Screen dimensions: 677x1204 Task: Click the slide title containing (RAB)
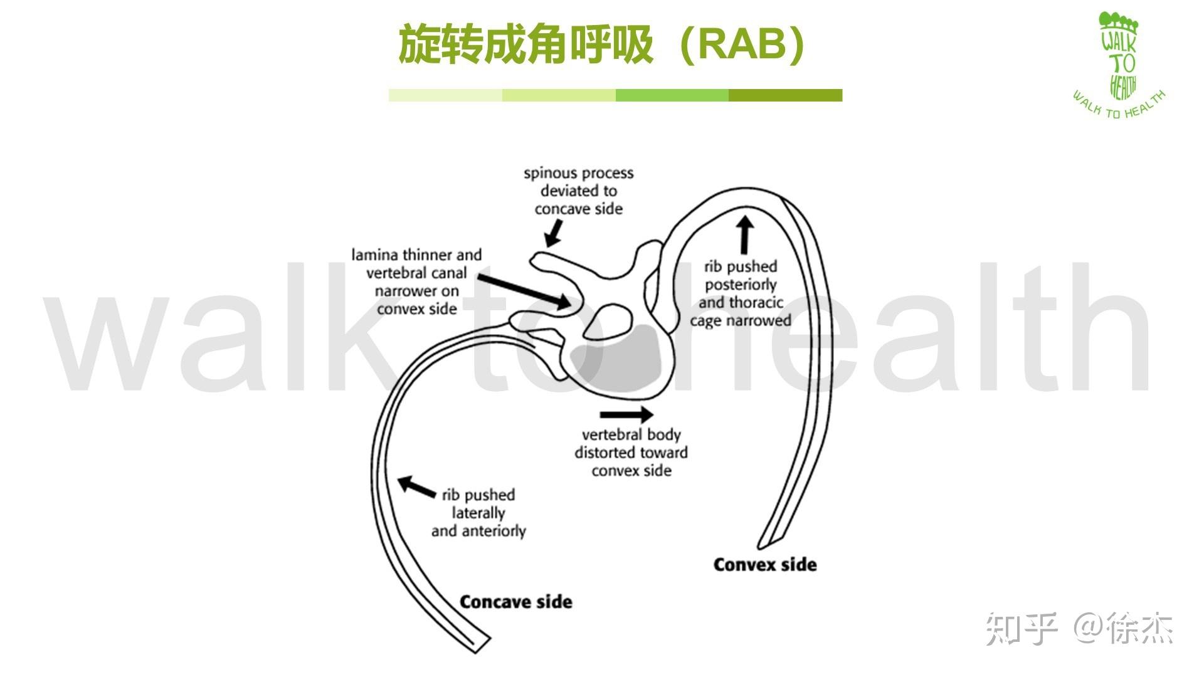(x=602, y=45)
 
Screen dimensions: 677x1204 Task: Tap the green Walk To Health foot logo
(x=1120, y=56)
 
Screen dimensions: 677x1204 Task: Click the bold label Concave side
(x=515, y=602)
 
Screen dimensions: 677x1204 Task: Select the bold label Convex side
(x=764, y=564)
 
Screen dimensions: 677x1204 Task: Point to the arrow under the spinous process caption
(x=552, y=234)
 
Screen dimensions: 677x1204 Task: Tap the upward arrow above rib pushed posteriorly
(x=744, y=235)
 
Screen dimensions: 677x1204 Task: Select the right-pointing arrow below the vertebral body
(x=626, y=414)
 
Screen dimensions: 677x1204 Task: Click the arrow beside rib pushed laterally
(x=416, y=486)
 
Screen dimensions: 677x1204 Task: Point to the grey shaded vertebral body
(x=621, y=364)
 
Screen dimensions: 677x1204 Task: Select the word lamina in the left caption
(x=374, y=255)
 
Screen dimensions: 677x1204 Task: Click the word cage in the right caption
(x=705, y=321)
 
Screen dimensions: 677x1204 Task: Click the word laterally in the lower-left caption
(x=478, y=513)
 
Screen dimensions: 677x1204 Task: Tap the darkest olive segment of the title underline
(x=785, y=95)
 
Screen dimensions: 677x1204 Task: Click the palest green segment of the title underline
(x=445, y=95)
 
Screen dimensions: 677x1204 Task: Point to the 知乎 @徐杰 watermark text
(x=1079, y=627)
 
